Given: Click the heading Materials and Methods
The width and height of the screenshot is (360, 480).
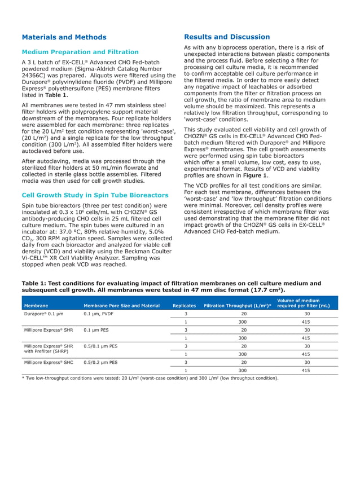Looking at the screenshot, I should pos(64,38).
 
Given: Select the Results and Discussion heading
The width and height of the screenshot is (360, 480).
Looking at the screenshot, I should pos(227,37).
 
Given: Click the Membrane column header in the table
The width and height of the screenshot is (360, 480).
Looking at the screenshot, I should pos(36,306).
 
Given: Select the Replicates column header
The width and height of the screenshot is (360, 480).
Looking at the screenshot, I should pos(184,306).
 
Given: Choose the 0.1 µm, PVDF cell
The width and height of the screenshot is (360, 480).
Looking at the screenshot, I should pos(99,314).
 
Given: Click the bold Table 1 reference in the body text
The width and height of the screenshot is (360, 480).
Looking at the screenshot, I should pos(56,95).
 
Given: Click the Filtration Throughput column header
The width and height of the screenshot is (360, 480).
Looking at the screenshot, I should pos(238,306).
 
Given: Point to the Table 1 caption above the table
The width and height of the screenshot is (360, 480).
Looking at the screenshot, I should pos(171,287).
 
